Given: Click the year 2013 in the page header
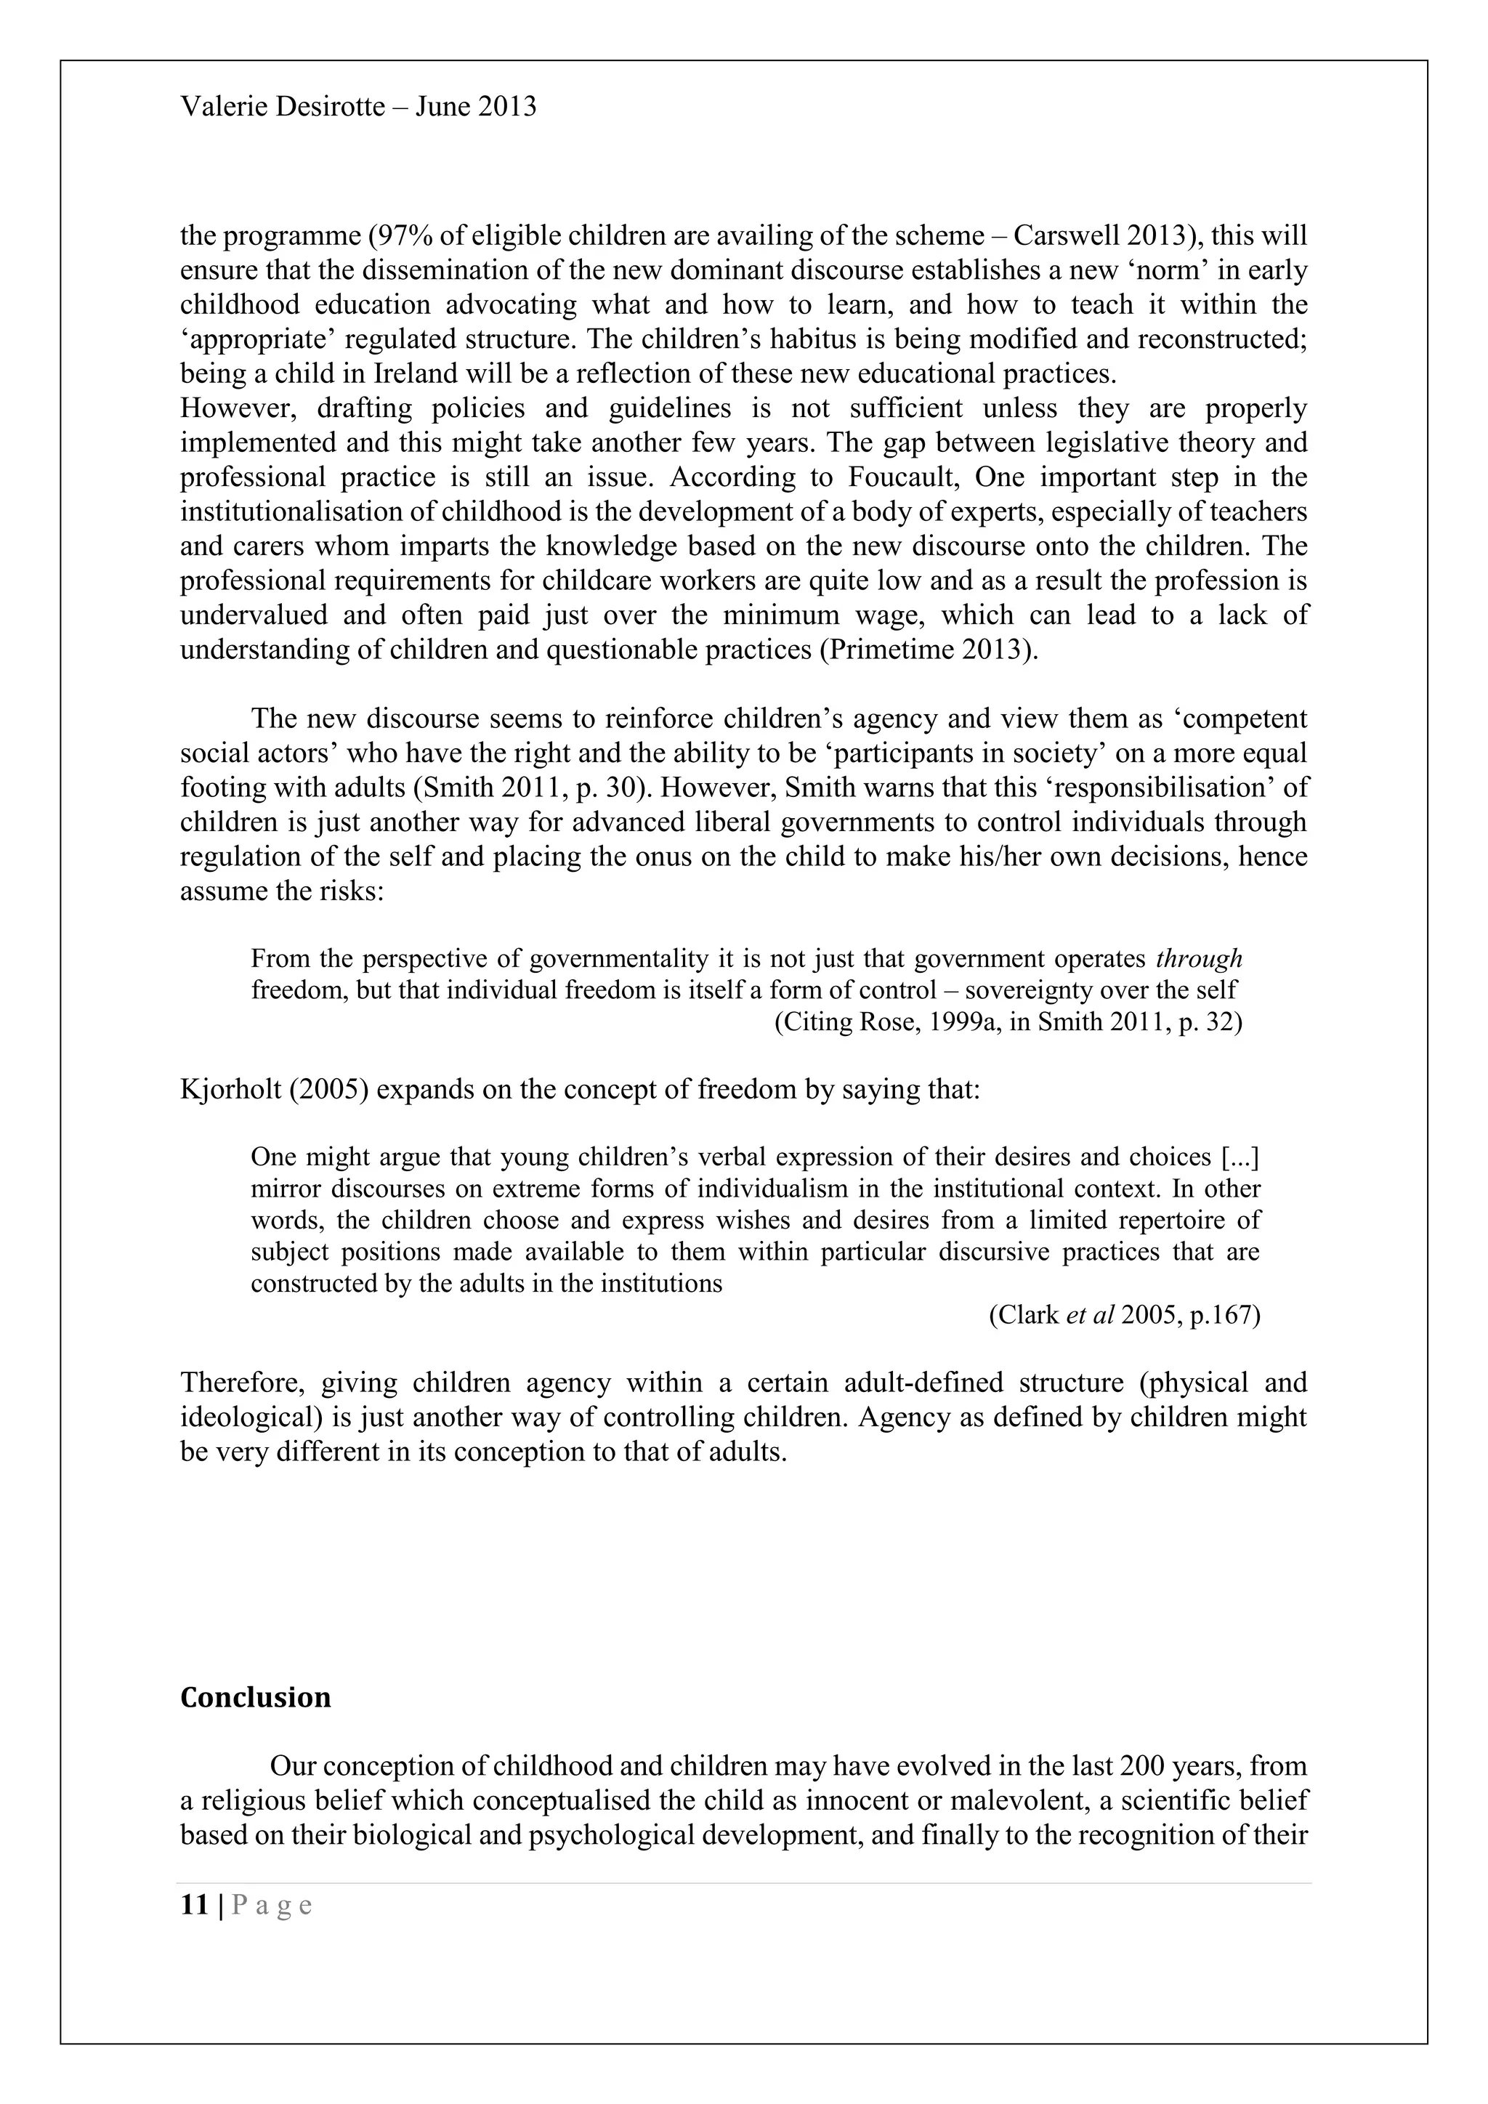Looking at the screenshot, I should coord(506,108).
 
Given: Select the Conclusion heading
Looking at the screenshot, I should coord(256,1697).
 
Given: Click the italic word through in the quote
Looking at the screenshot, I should coord(1198,958).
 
